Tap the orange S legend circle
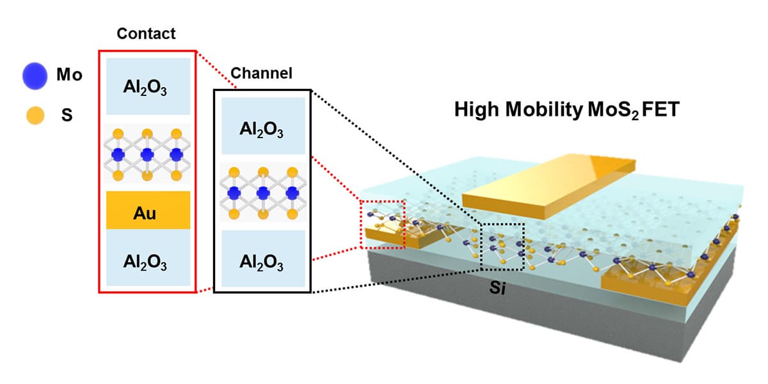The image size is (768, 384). coord(35,116)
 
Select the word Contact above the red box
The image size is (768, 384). coord(146,33)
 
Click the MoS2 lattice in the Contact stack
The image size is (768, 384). coord(148,155)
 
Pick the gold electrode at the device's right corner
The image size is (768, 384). coord(666,282)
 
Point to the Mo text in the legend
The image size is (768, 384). coord(69,76)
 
